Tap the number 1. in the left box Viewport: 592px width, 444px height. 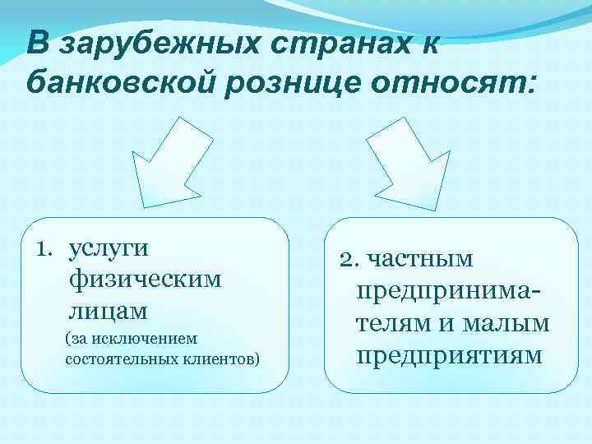(49, 247)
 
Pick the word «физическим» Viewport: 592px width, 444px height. (146, 280)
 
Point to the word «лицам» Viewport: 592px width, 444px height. (109, 310)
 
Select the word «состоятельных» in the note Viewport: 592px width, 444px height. (111, 358)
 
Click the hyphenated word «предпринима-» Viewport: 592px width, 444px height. (448, 292)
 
